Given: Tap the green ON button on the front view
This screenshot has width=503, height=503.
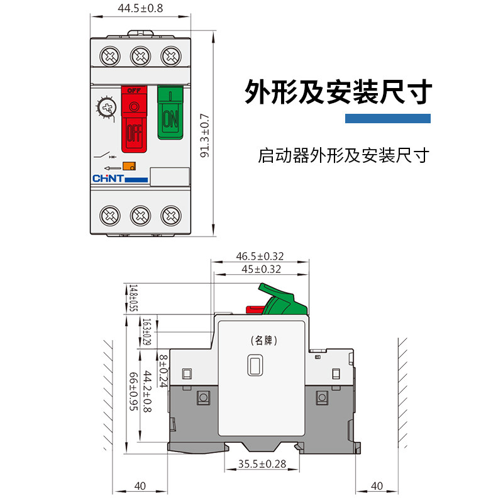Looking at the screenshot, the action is pos(170,113).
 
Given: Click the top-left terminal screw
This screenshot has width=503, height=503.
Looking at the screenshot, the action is pos(110,56).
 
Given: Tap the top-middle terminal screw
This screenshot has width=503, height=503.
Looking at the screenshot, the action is pos(140,56).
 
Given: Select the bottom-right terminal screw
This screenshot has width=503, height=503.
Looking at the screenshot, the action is pos(170,216).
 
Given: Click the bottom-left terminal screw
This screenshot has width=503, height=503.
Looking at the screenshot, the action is pos(110,216).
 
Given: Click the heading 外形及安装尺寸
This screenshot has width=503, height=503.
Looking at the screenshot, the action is pos(338,92).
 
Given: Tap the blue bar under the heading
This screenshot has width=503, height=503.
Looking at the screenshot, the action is pos(388,118).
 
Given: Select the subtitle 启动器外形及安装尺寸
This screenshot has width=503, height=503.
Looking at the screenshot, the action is pos(343,155).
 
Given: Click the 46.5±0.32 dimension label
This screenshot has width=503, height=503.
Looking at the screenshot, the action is pos(260,257).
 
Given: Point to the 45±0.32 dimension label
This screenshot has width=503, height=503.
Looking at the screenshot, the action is pos(260,269).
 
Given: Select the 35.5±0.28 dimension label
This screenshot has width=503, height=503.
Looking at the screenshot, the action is pos(262,465).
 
